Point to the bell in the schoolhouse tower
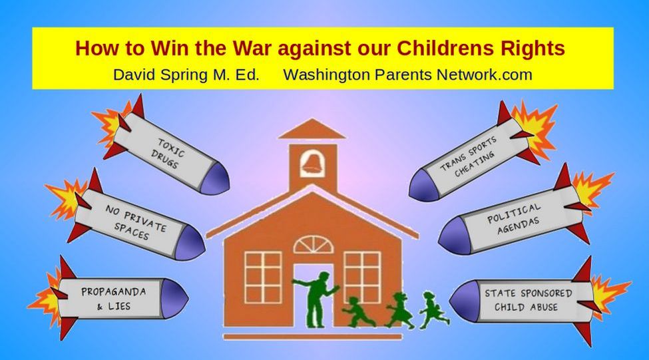(313, 162)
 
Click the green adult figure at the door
(316, 299)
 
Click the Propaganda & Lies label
(113, 299)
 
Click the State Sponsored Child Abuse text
(528, 300)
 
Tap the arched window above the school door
(314, 245)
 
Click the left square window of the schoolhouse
(263, 277)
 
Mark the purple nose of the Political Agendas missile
(453, 236)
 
